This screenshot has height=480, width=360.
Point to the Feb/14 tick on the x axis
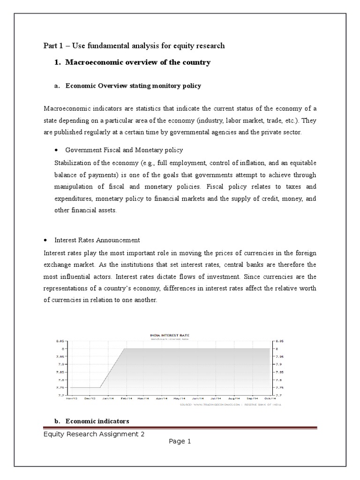pos(126,398)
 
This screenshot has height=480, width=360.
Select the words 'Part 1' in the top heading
pos(53,45)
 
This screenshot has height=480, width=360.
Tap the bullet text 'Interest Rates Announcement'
pos(97,240)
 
